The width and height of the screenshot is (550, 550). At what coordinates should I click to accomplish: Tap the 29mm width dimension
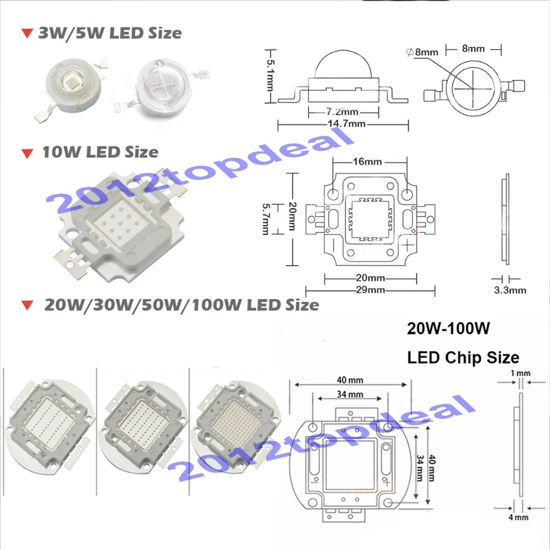pos(370,290)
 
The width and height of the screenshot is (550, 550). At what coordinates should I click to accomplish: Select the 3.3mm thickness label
pos(508,290)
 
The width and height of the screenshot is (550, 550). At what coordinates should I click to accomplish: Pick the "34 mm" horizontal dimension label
pos(350,394)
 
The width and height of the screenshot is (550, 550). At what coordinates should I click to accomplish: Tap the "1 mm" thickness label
pos(520,373)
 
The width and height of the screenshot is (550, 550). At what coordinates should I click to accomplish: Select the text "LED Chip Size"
pos(463,358)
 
